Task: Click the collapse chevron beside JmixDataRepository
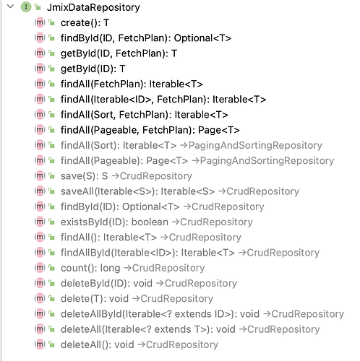click(x=10, y=6)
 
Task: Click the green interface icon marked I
click(x=26, y=7)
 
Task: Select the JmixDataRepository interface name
click(x=93, y=7)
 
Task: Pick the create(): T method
click(x=85, y=23)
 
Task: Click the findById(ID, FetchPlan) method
click(x=146, y=38)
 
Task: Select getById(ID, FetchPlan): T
click(x=119, y=53)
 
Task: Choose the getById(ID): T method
click(x=93, y=69)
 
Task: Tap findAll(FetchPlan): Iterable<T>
click(x=132, y=84)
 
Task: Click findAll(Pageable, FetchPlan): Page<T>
click(x=150, y=130)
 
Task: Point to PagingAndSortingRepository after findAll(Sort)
click(x=255, y=145)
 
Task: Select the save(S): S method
click(x=84, y=176)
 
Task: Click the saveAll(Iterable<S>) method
click(x=137, y=191)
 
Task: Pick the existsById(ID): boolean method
click(x=114, y=222)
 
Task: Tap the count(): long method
click(x=90, y=268)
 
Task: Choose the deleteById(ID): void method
click(x=106, y=283)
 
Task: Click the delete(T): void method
click(x=95, y=299)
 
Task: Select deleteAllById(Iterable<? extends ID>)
click(x=160, y=314)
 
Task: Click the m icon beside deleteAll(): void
click(x=40, y=344)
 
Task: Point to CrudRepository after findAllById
click(x=283, y=253)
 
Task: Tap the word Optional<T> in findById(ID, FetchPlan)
click(x=202, y=38)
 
